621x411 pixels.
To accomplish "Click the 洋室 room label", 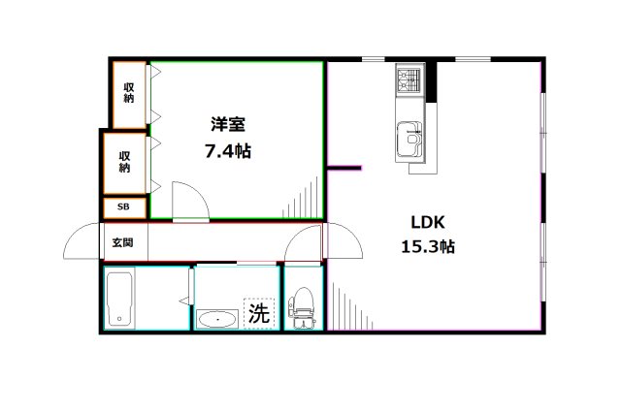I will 229,124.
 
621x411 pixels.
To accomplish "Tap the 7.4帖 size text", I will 229,151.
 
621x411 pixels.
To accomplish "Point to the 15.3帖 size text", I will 428,247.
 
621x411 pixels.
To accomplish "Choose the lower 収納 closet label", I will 125,162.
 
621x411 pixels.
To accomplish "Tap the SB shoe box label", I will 123,206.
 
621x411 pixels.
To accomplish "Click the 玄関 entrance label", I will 122,242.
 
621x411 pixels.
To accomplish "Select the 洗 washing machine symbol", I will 258,313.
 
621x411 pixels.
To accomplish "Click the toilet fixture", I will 303,305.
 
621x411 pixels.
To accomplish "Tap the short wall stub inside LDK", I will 344,169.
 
